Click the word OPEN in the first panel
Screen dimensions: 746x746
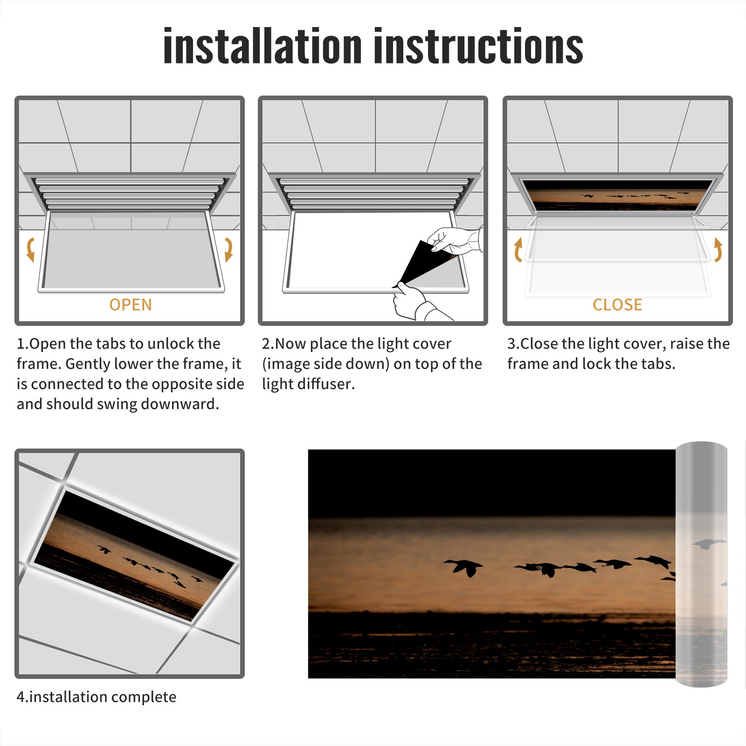tap(131, 304)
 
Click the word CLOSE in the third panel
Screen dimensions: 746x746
tap(617, 304)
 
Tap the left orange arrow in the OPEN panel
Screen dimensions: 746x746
tap(31, 249)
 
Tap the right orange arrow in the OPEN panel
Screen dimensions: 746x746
tap(228, 249)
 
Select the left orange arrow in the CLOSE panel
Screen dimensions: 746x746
tap(518, 249)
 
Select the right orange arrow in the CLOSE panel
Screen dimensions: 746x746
tap(718, 249)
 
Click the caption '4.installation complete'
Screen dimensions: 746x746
tap(97, 697)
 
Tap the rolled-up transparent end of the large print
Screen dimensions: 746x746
tap(701, 564)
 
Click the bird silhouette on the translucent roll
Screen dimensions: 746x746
tap(709, 544)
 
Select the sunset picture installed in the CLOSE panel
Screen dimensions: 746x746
tap(617, 195)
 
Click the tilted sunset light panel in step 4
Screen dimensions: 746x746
tap(134, 556)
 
